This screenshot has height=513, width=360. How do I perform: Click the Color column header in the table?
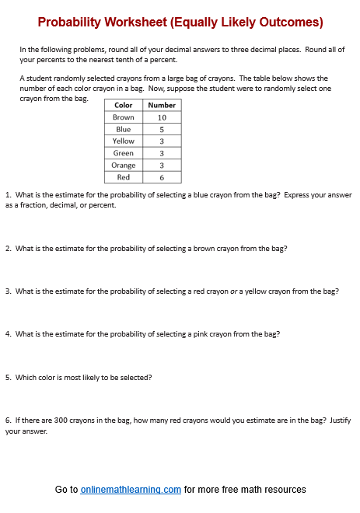tap(123, 105)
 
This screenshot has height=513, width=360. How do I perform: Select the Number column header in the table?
tap(162, 105)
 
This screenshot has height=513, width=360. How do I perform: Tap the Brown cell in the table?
tap(123, 117)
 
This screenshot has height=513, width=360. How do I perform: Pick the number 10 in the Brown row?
tap(162, 117)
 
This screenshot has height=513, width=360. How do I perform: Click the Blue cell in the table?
tap(123, 129)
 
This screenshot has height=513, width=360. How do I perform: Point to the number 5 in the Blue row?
tap(162, 129)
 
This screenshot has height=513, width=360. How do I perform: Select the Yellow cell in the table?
tap(123, 141)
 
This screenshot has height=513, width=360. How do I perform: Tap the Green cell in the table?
tap(123, 153)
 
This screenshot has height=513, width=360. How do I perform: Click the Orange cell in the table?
tap(123, 165)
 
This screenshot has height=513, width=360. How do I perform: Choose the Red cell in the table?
tap(123, 177)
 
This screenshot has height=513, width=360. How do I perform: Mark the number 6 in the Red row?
tap(162, 177)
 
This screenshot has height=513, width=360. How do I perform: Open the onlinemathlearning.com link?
tap(131, 490)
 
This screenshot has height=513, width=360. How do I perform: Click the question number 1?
tap(7, 195)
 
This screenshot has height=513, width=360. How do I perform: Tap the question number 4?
tap(7, 334)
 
